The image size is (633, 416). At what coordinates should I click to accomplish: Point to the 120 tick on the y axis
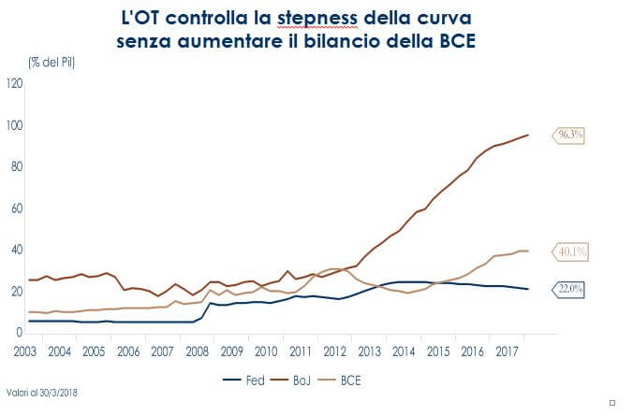(x=14, y=83)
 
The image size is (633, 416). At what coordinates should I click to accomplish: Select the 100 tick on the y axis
(x=14, y=125)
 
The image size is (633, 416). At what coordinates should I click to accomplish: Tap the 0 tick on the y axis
(x=19, y=333)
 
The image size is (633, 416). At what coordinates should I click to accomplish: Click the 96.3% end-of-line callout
(x=570, y=135)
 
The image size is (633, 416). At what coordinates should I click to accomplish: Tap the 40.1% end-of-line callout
(x=570, y=251)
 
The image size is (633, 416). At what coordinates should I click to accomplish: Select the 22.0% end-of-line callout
(x=570, y=290)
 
